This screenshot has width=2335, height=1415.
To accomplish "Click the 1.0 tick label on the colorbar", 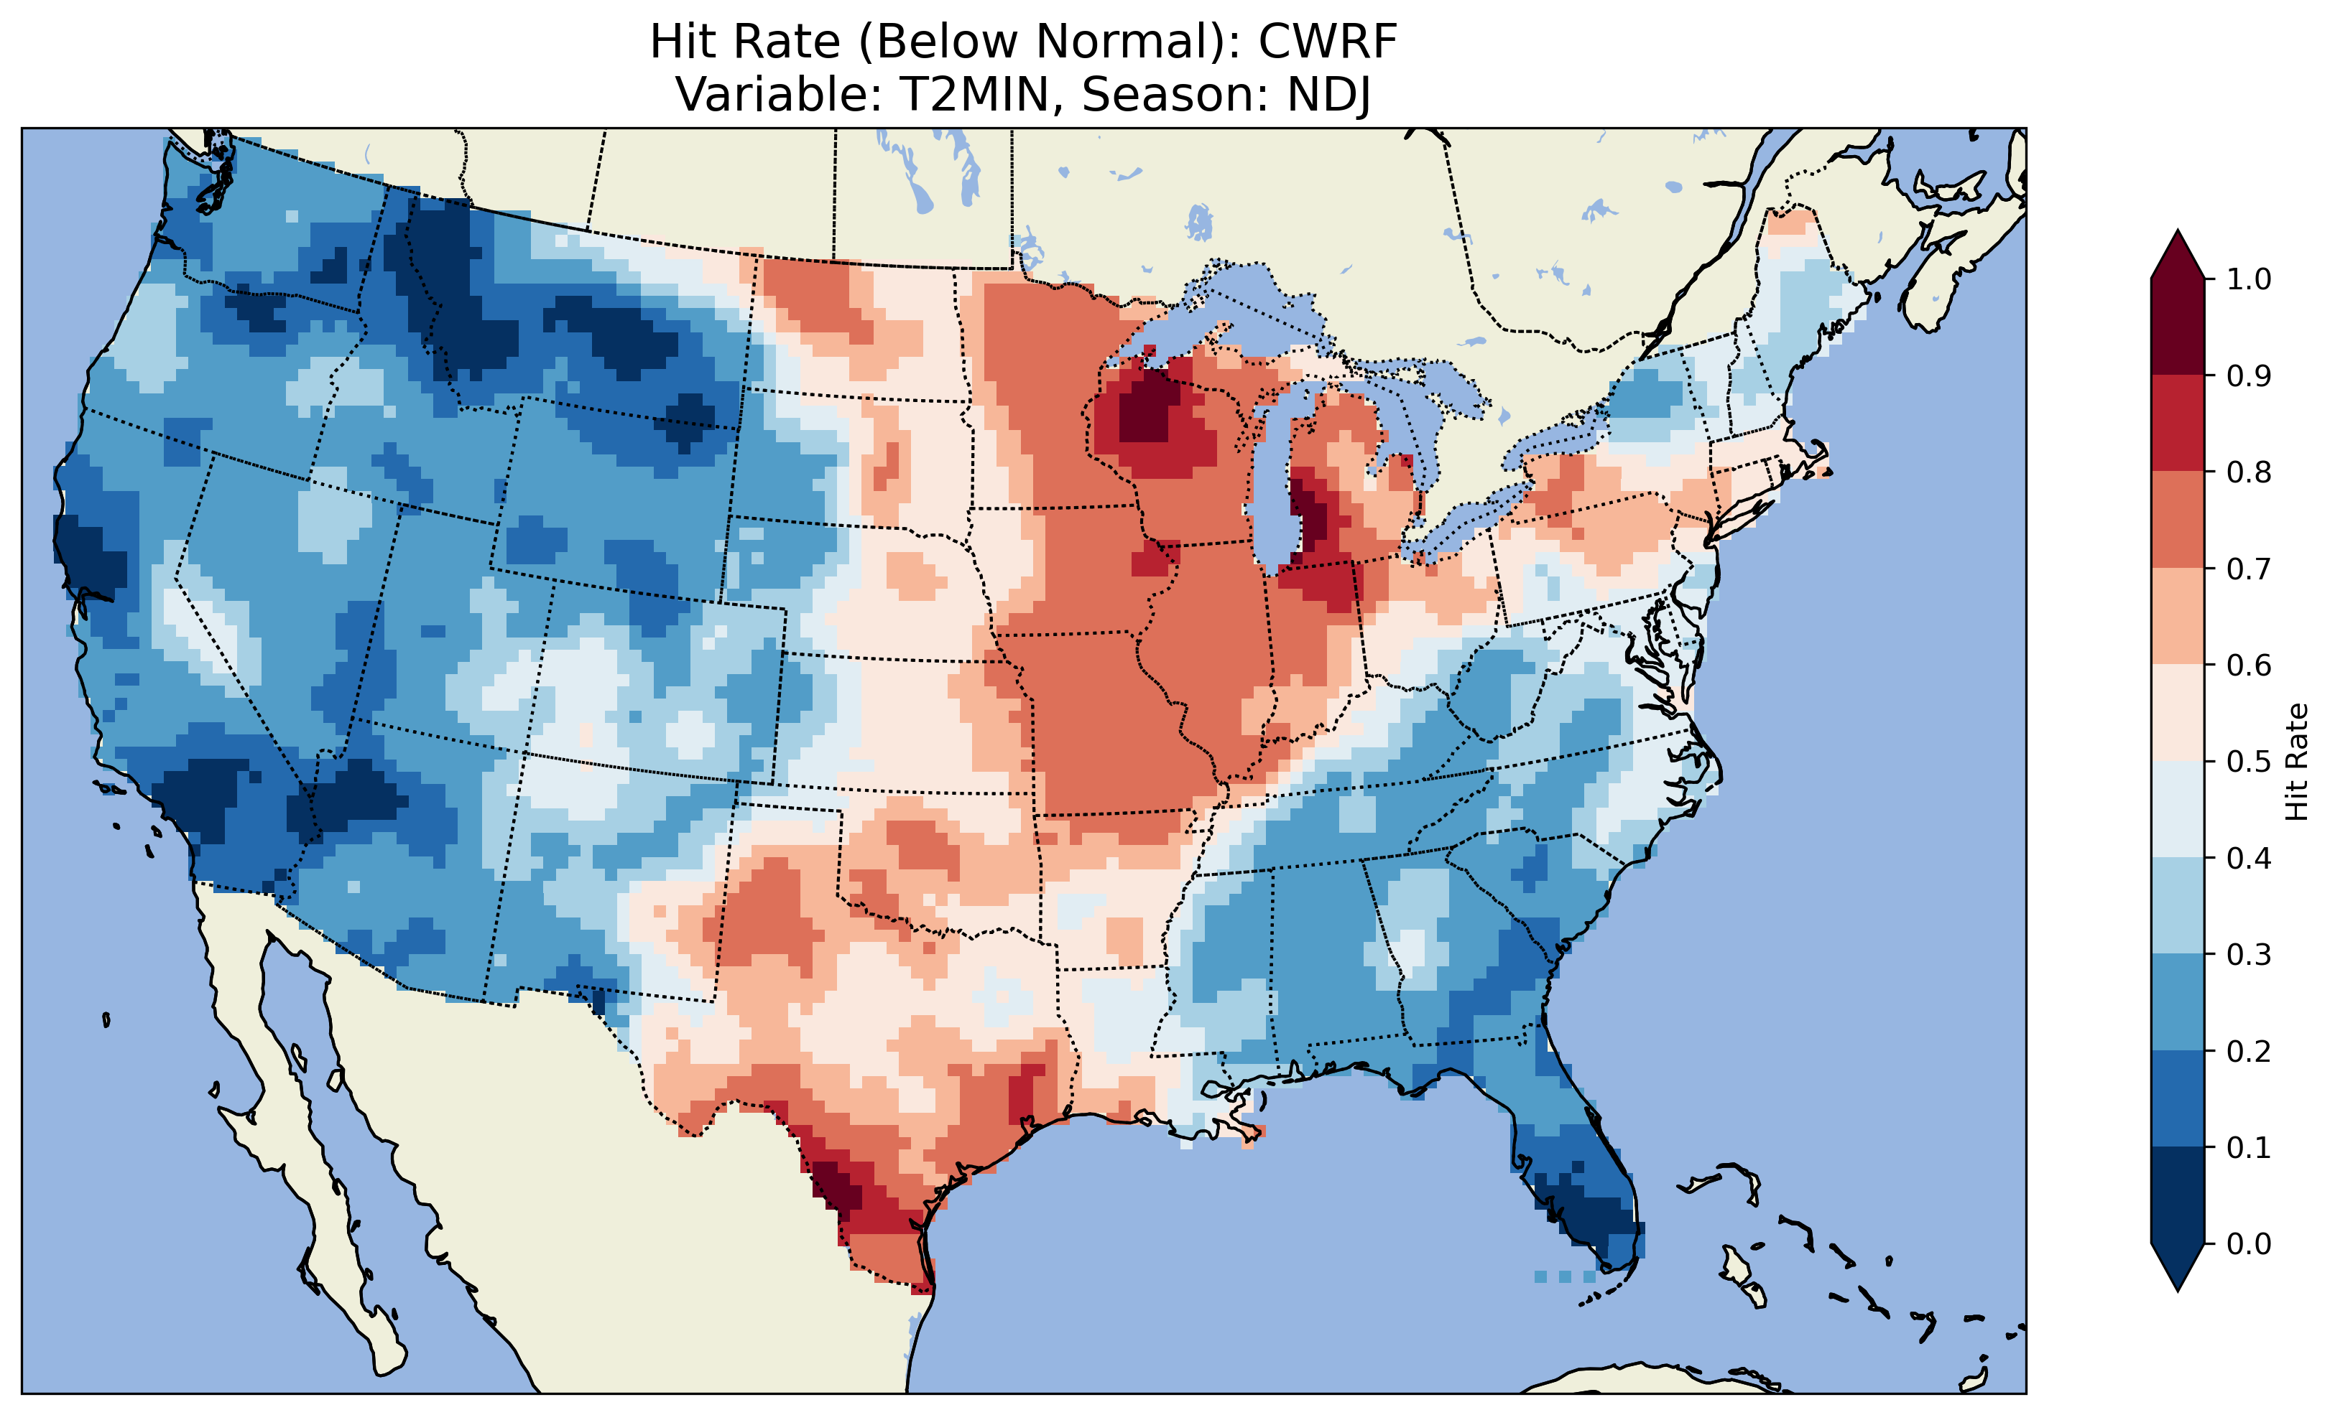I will (x=2248, y=279).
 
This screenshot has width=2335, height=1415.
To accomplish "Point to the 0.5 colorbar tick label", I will (x=2248, y=762).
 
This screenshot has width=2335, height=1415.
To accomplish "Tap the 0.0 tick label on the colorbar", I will (x=2248, y=1243).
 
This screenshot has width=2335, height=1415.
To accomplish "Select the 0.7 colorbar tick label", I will (x=2248, y=569).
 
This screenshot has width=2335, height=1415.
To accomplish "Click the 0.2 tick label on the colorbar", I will (x=2248, y=1051).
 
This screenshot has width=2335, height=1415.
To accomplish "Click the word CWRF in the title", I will (x=1328, y=42).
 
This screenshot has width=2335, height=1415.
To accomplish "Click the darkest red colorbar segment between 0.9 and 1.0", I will (x=2178, y=327).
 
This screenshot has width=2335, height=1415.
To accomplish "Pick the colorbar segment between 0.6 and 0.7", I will (x=2178, y=617).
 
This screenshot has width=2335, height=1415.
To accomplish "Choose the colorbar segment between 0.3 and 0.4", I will (x=2178, y=907).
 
